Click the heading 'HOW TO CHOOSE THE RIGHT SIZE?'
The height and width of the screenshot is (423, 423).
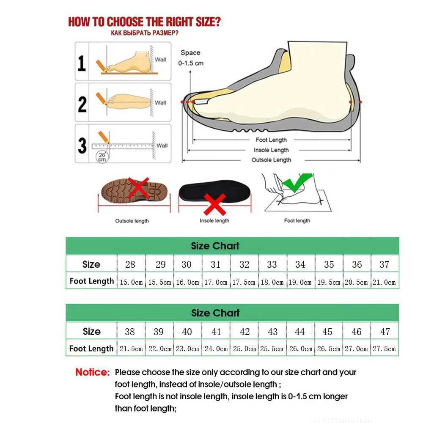144,22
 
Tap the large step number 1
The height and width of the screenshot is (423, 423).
82,62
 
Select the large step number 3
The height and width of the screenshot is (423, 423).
82,145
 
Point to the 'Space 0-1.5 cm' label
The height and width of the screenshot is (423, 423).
190,58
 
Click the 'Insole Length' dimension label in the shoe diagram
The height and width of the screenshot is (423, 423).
271,150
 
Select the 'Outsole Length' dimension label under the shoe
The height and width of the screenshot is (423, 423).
271,160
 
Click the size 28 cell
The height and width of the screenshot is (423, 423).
130,264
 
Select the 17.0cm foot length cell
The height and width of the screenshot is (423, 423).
216,282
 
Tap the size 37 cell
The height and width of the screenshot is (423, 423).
384,264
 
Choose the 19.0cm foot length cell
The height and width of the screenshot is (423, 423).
300,282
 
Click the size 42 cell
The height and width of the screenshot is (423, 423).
244,332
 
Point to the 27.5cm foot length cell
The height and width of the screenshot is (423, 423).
384,349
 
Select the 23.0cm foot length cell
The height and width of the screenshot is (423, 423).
187,349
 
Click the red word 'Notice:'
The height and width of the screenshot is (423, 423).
92,373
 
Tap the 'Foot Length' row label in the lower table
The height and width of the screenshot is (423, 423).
91,349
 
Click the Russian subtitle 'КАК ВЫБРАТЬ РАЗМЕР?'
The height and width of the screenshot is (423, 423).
144,33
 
